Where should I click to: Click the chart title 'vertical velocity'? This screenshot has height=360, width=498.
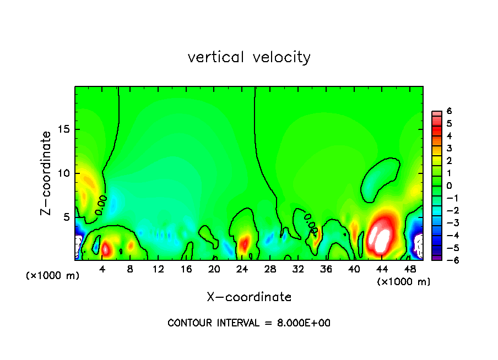point(249,57)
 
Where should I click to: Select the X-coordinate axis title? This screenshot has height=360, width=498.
point(249,297)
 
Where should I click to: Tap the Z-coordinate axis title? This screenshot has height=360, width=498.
point(47,173)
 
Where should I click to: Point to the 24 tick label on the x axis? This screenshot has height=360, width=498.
point(242,269)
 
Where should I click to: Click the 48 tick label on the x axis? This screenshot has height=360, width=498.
point(409,269)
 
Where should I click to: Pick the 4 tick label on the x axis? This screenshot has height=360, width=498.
point(102,269)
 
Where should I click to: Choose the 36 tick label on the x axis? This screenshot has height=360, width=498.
point(326,269)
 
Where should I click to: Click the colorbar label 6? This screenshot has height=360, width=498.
point(450,111)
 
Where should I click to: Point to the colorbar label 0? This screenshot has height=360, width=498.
point(450,186)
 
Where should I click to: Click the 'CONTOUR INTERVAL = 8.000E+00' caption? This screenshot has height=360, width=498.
point(249,323)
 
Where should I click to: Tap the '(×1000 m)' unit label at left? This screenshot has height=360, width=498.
point(53,276)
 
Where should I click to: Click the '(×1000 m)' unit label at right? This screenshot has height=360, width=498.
point(404,282)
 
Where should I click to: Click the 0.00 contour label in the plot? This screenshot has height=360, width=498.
point(101,205)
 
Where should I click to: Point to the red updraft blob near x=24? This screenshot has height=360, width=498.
point(244,242)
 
